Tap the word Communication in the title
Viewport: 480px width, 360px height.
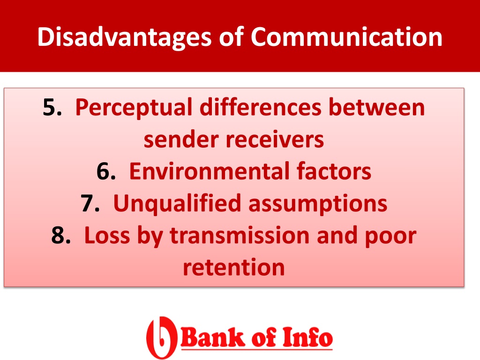[x=346, y=37]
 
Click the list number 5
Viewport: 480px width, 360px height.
[x=52, y=107]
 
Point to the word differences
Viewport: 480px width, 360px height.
[x=261, y=107]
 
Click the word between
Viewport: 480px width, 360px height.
[x=377, y=107]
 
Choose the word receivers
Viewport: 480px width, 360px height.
[x=275, y=140]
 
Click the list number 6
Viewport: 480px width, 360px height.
[x=106, y=172]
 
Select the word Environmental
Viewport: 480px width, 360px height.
[x=210, y=171]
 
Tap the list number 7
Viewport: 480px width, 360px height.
[x=90, y=203]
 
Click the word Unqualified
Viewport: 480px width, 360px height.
[x=177, y=203]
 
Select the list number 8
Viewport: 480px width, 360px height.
[x=61, y=235]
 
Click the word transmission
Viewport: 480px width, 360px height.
[x=240, y=235]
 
